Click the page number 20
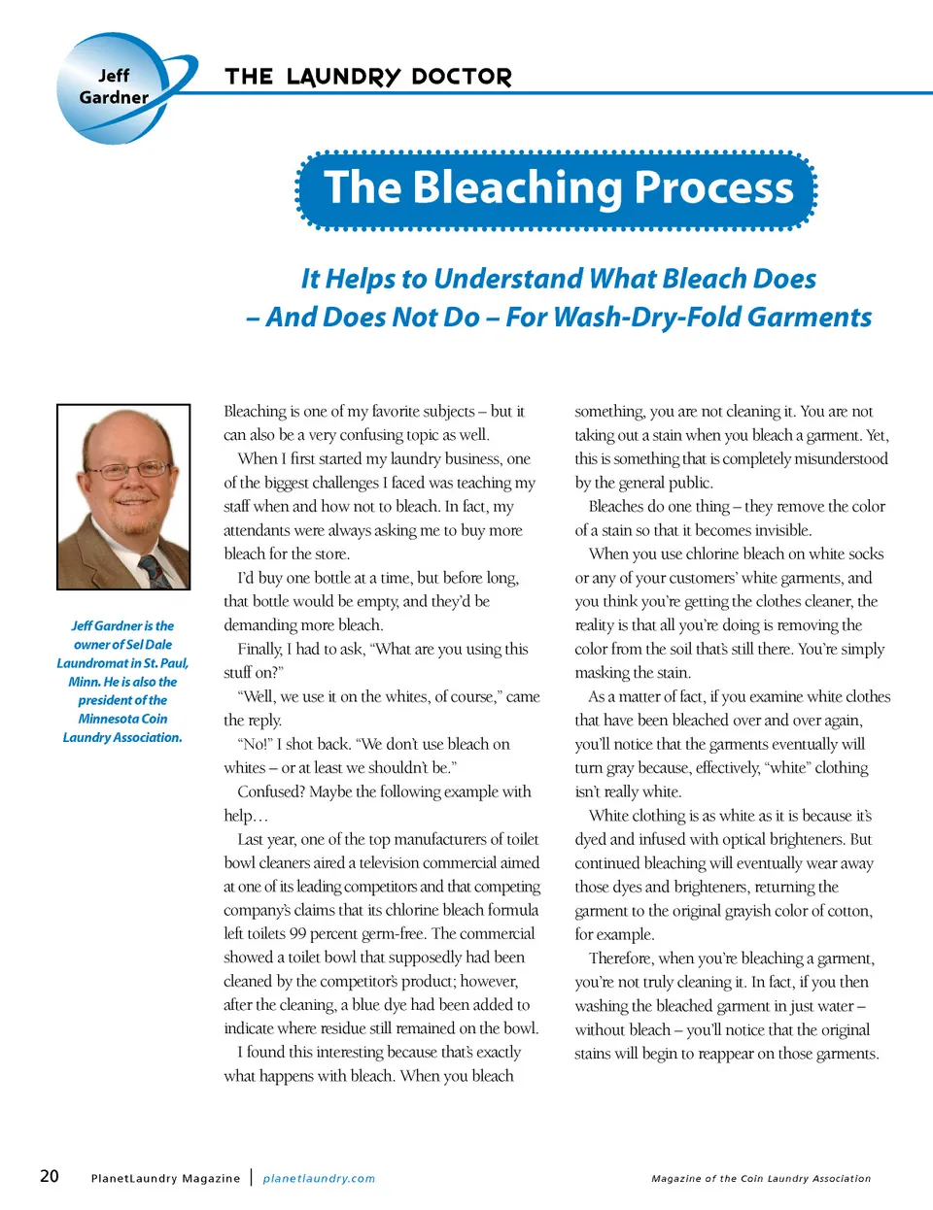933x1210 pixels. pos(50,1176)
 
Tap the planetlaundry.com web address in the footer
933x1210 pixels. pos(319,1178)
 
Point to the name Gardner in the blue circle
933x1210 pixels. pos(114,97)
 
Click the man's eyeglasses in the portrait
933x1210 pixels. pos(125,470)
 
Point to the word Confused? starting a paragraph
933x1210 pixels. pos(270,791)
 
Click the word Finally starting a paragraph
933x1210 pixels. pos(259,649)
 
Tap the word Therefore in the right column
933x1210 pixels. pos(621,958)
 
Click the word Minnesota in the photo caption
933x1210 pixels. pos(110,719)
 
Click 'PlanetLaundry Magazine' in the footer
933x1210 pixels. pos(165,1178)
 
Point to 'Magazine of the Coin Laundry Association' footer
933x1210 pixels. pos(761,1178)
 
